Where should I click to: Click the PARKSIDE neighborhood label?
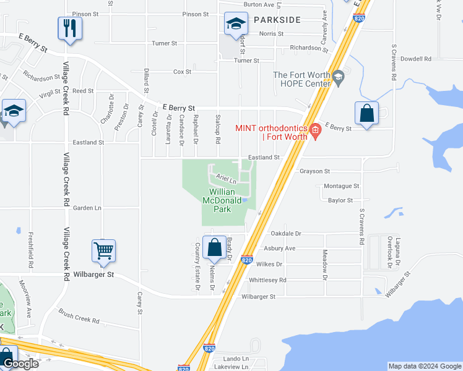click(x=277, y=20)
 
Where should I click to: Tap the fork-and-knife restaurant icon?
click(x=70, y=28)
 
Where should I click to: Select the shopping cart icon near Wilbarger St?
click(x=103, y=251)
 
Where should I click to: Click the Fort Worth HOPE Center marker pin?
click(x=338, y=78)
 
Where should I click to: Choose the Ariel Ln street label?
click(x=226, y=179)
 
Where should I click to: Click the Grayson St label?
click(x=315, y=171)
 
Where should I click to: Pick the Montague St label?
click(x=342, y=185)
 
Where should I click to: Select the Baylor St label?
click(x=340, y=200)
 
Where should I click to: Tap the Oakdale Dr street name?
click(x=286, y=234)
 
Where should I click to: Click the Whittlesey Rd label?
click(x=267, y=279)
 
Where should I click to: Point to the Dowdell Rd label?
click(x=415, y=59)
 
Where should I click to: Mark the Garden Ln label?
click(x=87, y=208)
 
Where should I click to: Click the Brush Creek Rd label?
click(x=79, y=316)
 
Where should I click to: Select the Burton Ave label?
click(x=259, y=4)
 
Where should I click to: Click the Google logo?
click(x=20, y=364)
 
